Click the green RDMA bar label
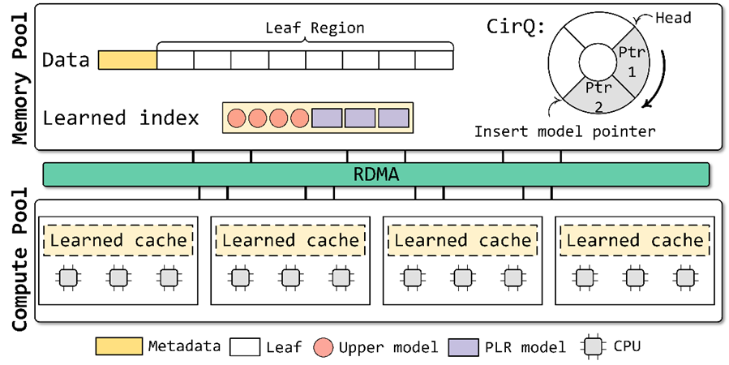click(x=375, y=174)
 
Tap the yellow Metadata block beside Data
click(x=127, y=59)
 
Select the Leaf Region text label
click(x=315, y=28)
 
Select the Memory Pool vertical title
click(x=22, y=76)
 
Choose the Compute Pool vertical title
click(x=22, y=260)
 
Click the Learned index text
click(x=121, y=118)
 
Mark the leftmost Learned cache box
click(x=118, y=240)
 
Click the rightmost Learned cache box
click(x=635, y=240)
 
